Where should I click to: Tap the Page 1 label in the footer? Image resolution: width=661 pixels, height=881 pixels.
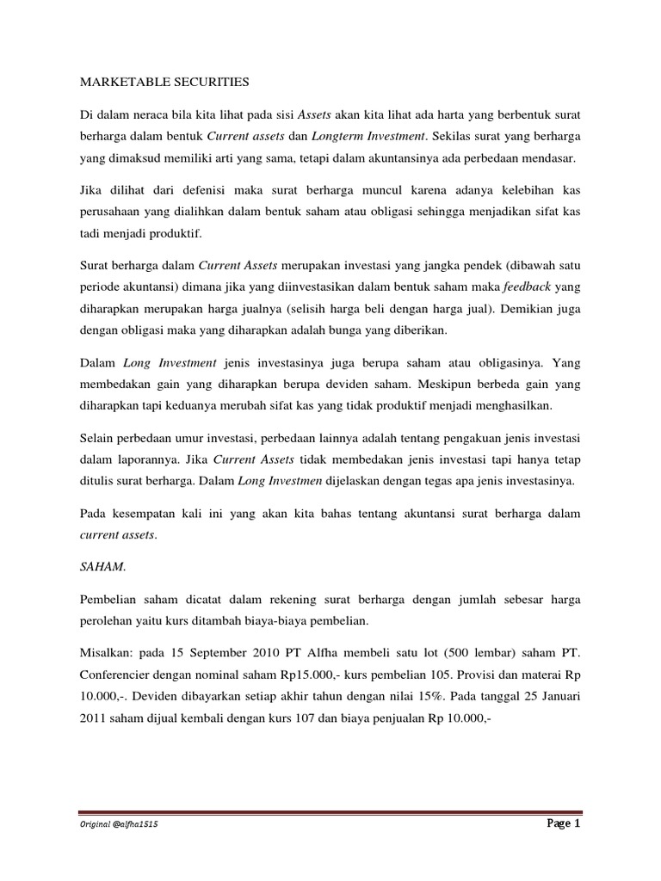point(564,823)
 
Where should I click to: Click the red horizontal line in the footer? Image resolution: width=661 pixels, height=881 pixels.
point(330,811)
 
